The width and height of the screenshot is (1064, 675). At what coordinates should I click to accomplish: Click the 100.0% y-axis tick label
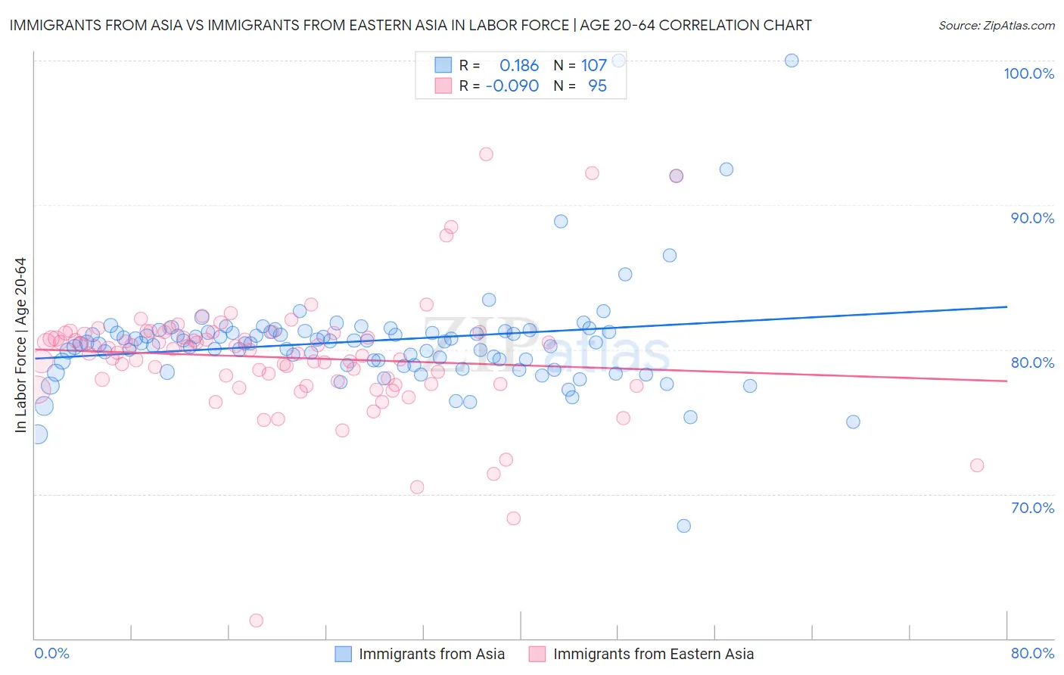[x=1028, y=73]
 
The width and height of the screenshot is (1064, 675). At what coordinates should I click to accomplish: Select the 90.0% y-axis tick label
[x=1032, y=218]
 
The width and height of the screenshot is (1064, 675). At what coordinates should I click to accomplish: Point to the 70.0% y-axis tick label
[x=1032, y=508]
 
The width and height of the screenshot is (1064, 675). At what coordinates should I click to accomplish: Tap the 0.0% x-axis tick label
[x=51, y=653]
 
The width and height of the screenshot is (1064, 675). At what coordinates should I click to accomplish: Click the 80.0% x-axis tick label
[x=1032, y=653]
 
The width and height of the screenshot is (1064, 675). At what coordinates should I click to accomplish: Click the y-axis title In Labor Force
[x=20, y=345]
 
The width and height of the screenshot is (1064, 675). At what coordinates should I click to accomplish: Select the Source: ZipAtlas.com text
[x=996, y=25]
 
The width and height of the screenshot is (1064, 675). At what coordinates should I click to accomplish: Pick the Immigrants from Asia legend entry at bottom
[x=420, y=654]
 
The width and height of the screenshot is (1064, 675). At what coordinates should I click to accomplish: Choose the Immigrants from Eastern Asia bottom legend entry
[x=642, y=654]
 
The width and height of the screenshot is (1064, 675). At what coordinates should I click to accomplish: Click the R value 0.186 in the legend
[x=519, y=65]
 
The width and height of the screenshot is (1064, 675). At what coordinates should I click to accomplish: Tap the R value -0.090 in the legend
[x=512, y=86]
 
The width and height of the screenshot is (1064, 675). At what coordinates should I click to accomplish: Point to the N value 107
[x=594, y=65]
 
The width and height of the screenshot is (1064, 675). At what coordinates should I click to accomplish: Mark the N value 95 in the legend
[x=597, y=86]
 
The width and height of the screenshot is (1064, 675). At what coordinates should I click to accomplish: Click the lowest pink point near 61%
[x=257, y=621]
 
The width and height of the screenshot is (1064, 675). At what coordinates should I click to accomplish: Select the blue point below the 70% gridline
[x=683, y=526]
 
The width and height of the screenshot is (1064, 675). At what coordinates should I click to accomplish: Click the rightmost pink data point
[x=977, y=465]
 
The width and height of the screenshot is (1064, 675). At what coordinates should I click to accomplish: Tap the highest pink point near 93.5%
[x=486, y=154]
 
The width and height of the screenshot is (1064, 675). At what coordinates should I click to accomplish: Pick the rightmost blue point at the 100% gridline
[x=792, y=61]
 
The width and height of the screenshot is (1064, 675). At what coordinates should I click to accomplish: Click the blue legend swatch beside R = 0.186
[x=443, y=65]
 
